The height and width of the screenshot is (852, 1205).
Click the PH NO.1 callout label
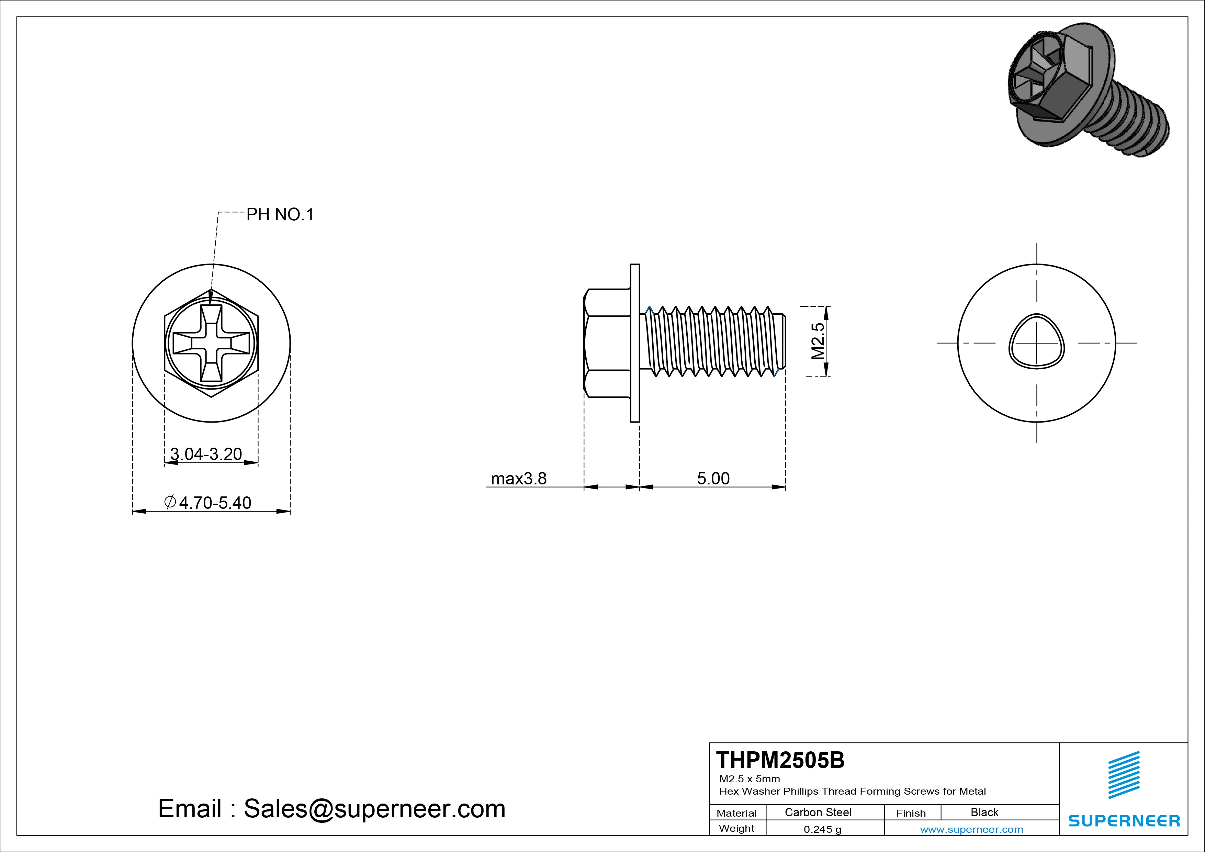(280, 215)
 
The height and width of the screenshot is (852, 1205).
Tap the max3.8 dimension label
(519, 479)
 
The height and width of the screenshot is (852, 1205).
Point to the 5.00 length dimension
(713, 479)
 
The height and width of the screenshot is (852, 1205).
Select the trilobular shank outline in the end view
(1037, 341)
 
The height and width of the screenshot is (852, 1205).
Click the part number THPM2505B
(780, 760)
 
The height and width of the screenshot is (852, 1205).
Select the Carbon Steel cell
(818, 812)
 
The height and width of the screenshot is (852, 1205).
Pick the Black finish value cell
(984, 812)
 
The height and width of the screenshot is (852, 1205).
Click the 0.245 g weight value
(822, 829)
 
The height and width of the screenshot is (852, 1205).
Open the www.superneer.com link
(971, 829)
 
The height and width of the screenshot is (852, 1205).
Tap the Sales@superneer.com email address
(374, 809)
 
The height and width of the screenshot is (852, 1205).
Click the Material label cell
(736, 813)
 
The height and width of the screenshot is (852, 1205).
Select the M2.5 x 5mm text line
(750, 779)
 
